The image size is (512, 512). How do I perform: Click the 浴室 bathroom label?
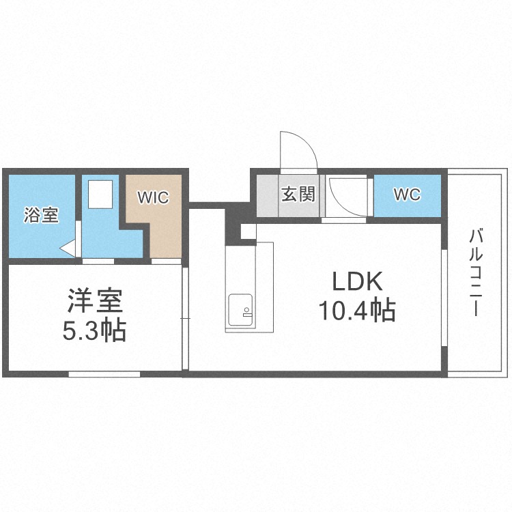coord(41,216)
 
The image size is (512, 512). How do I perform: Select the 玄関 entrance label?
coord(298,194)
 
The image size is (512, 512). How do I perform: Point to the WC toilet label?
coord(407,194)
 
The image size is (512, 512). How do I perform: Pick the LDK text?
coord(356,282)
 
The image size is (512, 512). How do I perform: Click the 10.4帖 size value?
coord(356,312)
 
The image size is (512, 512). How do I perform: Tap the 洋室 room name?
coord(94,301)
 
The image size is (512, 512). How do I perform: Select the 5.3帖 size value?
coord(94,332)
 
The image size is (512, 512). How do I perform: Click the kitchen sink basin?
coord(240,312)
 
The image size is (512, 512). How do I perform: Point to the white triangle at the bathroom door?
coord(68,248)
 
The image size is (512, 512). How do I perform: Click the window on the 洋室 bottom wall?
coord(104,373)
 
